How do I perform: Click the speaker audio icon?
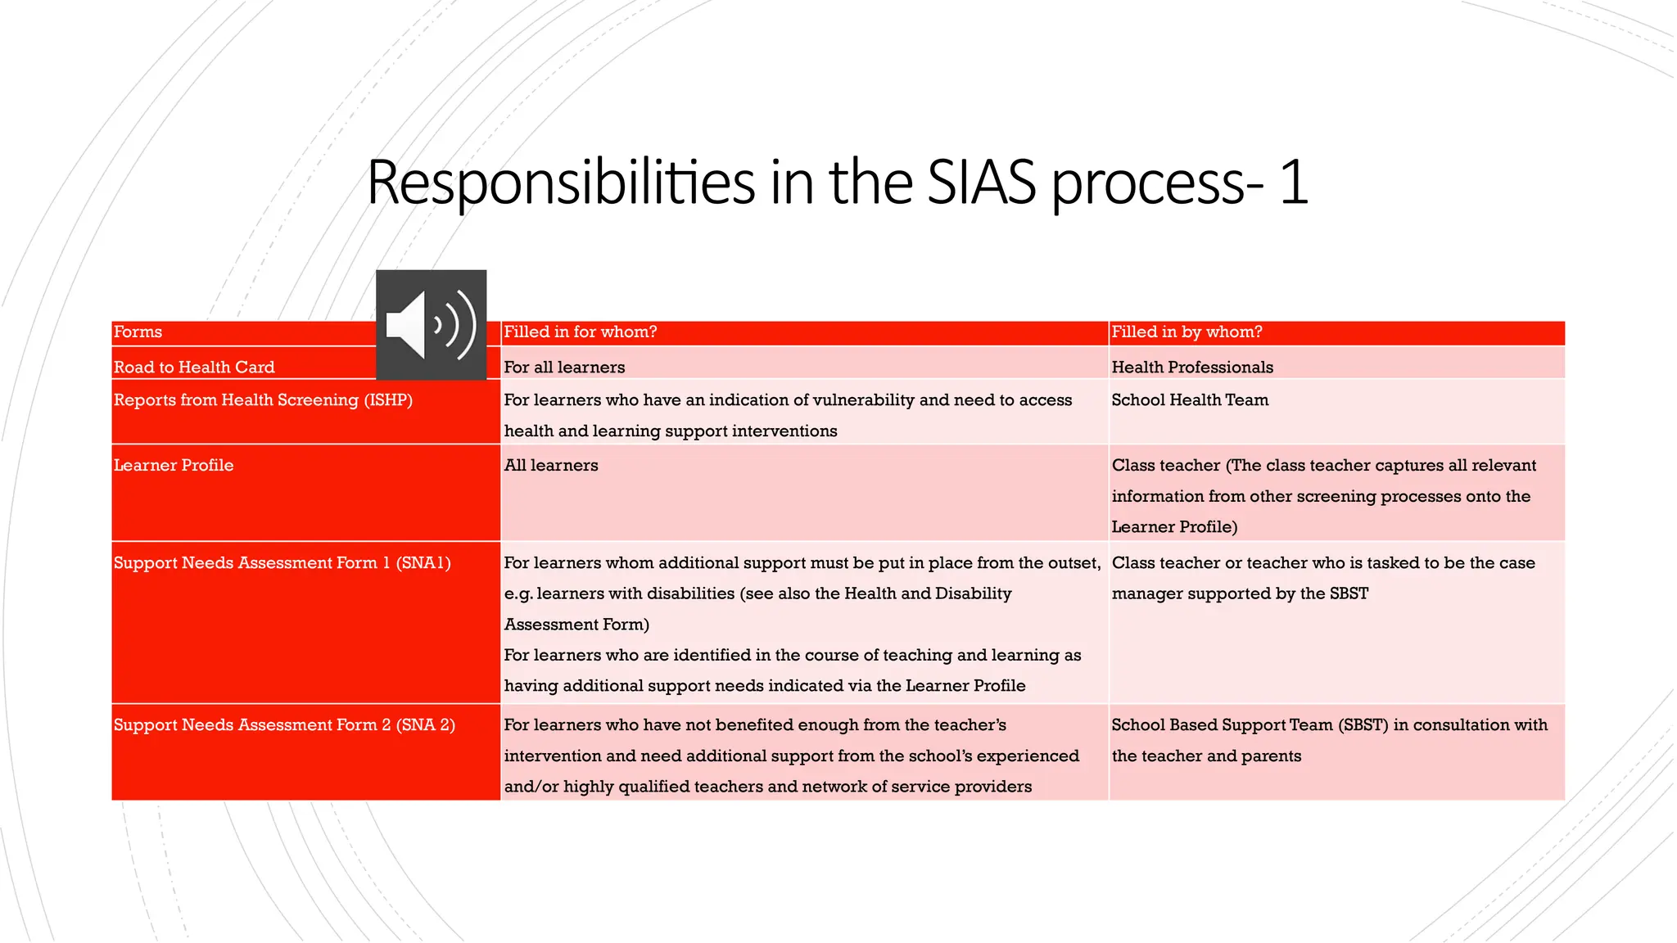431,325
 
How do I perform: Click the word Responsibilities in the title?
561,182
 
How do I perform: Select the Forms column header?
138,332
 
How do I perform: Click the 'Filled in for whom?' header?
580,332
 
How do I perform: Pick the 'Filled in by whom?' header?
1187,332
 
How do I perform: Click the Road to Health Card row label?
194,368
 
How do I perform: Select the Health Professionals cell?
1192,368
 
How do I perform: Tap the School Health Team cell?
1190,400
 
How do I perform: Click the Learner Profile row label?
174,466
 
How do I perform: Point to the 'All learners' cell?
551,466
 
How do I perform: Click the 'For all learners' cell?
564,368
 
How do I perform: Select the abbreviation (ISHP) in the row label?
388,400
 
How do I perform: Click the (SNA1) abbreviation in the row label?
423,563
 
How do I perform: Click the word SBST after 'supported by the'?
1349,593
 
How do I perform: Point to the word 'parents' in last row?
1271,756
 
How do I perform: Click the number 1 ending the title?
1293,182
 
